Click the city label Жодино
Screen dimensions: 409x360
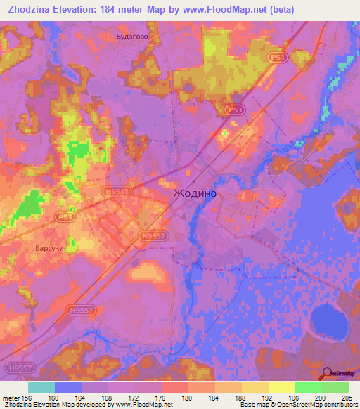point(195,193)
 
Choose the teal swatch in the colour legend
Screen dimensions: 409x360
point(41,387)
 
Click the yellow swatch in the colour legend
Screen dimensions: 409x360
point(281,387)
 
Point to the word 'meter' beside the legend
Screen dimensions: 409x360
point(11,397)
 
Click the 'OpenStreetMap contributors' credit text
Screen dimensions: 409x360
point(316,405)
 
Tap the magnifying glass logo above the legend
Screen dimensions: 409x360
point(328,373)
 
